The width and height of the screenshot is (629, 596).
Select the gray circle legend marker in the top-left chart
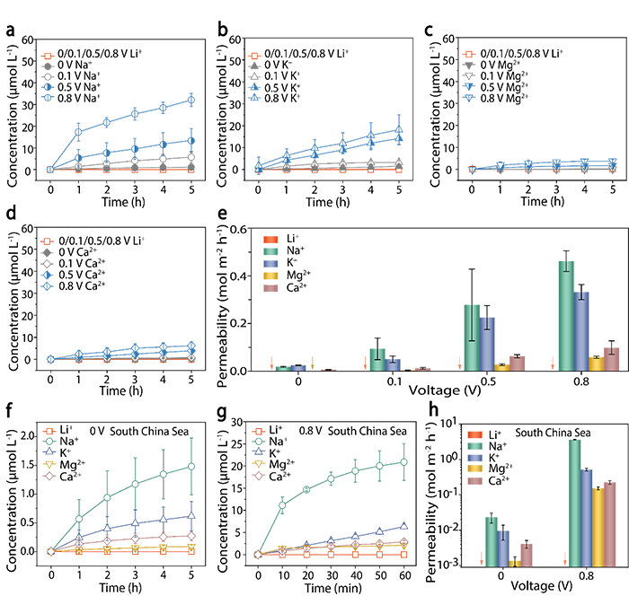point(48,77)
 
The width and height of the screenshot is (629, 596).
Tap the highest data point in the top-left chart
point(164,108)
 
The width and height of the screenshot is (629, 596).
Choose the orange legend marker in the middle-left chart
point(48,240)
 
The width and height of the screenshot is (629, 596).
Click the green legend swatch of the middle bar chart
point(270,252)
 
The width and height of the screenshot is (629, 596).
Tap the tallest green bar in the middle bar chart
point(564,314)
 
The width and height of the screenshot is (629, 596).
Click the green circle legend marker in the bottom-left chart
point(48,442)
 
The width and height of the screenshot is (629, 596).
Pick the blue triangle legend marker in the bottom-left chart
point(48,452)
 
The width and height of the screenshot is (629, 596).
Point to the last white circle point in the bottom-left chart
point(191,466)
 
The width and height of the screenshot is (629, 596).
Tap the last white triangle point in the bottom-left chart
point(191,515)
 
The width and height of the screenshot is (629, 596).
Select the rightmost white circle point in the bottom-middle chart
point(404,461)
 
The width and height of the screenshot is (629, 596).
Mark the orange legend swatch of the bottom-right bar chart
point(475,434)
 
